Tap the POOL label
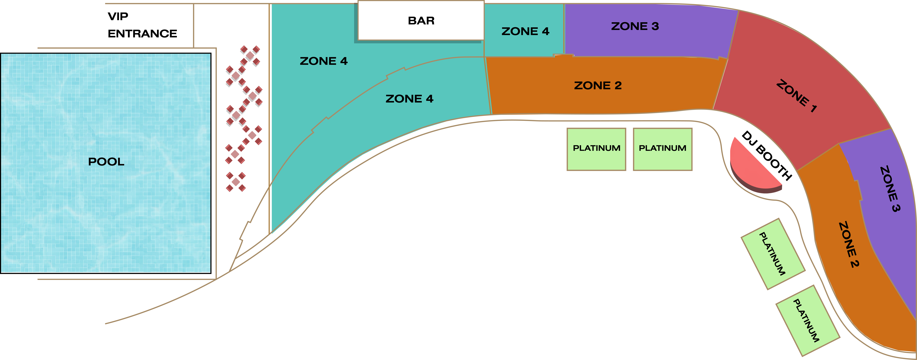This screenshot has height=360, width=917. (x=106, y=162)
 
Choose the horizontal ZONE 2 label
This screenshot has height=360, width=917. (x=598, y=85)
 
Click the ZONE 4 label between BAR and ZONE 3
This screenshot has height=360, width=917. (x=525, y=31)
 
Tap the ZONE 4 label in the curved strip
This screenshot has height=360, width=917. (x=409, y=99)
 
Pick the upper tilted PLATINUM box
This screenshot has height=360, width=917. (x=773, y=254)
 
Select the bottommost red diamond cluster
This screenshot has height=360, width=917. (x=236, y=182)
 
